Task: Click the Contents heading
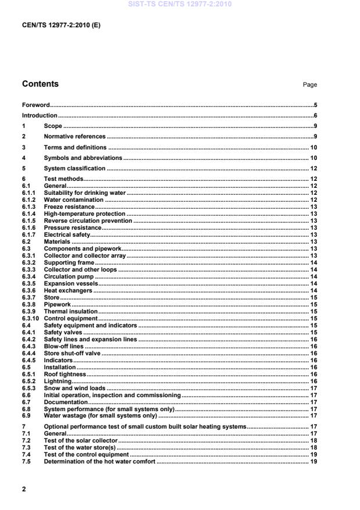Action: point(40,84)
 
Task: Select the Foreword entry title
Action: point(35,105)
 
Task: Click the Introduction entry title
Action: point(40,116)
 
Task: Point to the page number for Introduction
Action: point(315,116)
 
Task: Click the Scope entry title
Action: point(53,126)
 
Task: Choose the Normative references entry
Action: point(74,137)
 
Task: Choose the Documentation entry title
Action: point(66,402)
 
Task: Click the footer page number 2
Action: point(24,489)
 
